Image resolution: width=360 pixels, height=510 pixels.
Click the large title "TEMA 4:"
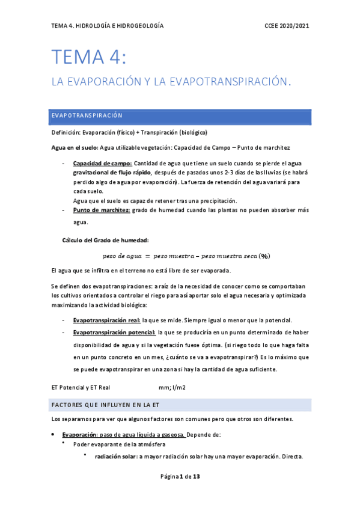tap(89, 58)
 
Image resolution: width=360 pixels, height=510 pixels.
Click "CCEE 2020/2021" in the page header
tap(287, 26)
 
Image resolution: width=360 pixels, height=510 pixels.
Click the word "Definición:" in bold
tap(66, 132)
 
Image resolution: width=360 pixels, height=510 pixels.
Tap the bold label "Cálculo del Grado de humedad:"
tap(101, 240)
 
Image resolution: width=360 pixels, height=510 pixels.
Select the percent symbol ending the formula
tap(264, 256)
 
